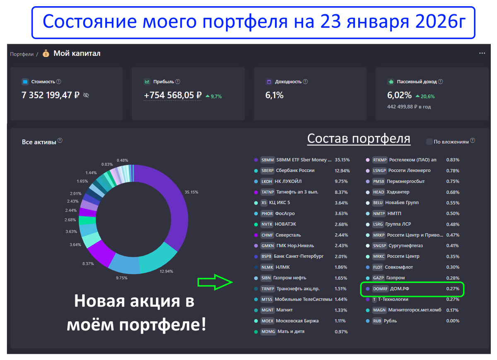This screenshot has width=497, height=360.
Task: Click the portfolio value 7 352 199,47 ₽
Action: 50,95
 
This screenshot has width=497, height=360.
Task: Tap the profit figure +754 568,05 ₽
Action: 173,96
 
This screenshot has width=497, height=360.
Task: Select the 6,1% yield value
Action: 274,95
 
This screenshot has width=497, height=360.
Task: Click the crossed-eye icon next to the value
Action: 86,95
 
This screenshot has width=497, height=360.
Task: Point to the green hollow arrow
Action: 215,282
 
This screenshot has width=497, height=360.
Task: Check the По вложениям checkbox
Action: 429,142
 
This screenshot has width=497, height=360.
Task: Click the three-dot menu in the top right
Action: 482,53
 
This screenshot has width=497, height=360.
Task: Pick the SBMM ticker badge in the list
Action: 268,160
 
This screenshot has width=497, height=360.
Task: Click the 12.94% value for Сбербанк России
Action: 342,170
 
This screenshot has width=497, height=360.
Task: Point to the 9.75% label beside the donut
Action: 121,278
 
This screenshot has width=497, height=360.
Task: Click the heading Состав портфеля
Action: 358,138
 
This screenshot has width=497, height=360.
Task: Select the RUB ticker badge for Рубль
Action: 377,321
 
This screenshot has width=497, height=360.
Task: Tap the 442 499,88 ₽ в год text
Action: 409,107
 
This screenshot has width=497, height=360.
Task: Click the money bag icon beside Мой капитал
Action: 46,53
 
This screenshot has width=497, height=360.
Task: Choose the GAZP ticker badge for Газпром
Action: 379,278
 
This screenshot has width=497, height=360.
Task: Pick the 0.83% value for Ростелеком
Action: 453,160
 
